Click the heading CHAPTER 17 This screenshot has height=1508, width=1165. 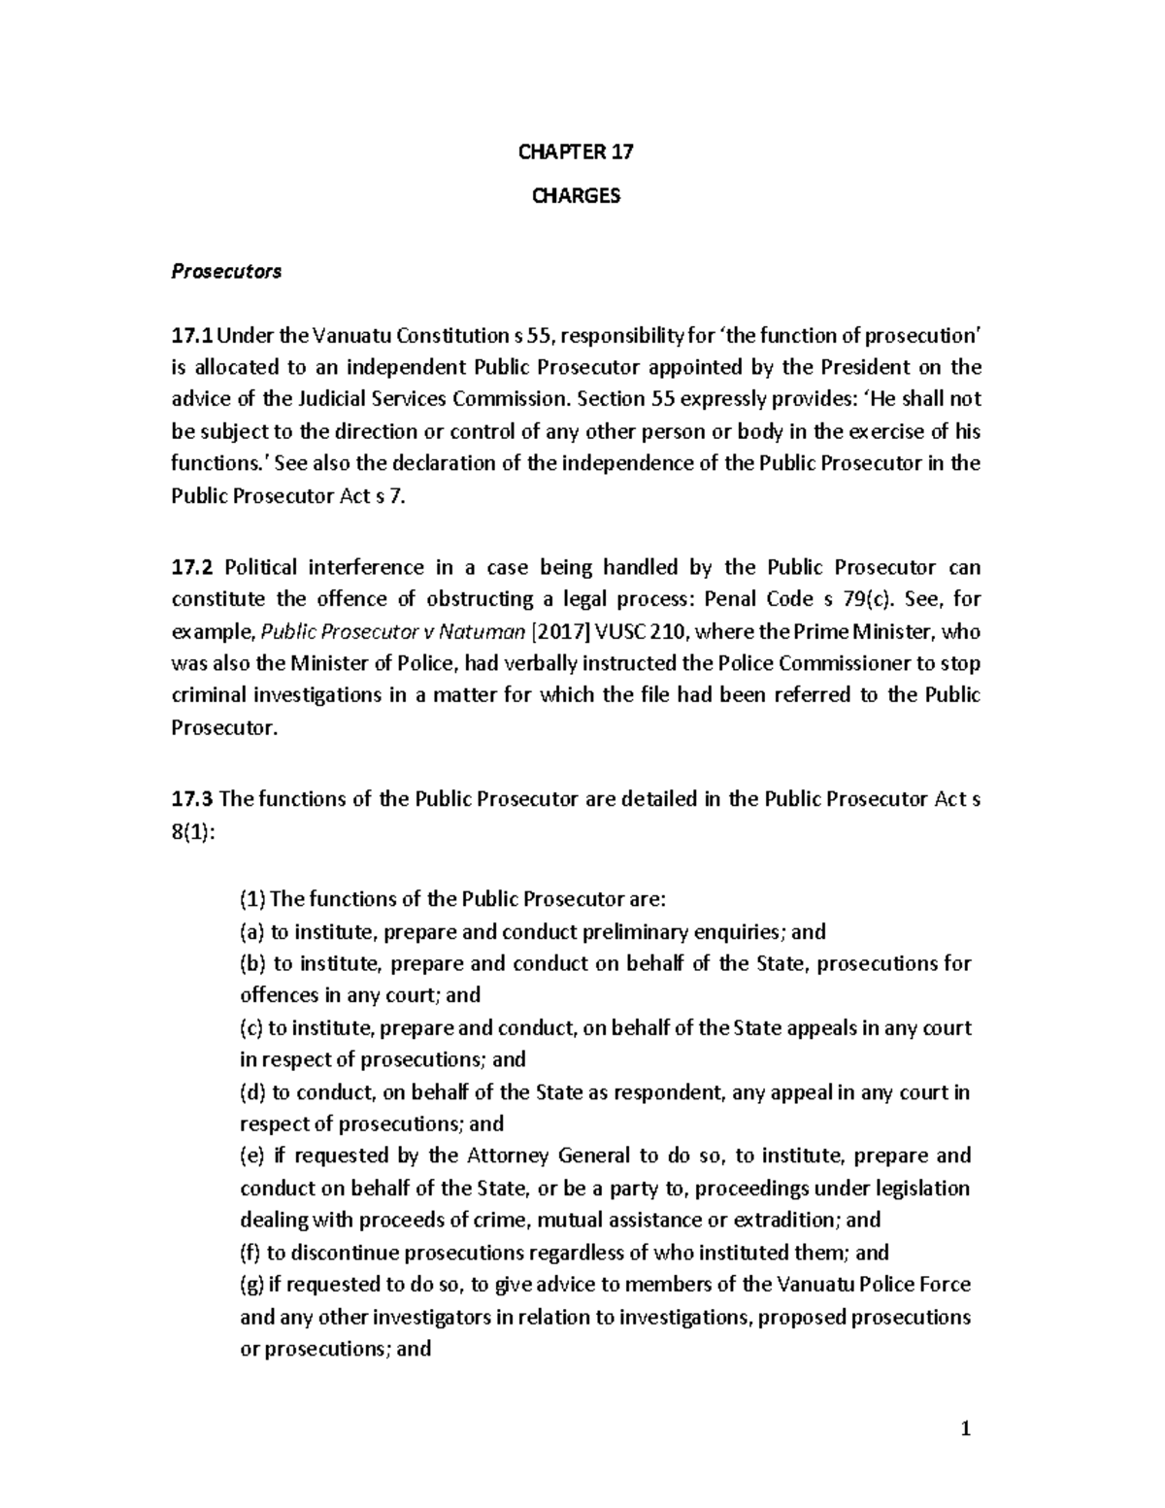tap(576, 152)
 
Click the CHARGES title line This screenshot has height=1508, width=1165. tap(576, 196)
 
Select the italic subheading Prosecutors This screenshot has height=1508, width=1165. tap(226, 272)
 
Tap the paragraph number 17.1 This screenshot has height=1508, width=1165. tap(190, 336)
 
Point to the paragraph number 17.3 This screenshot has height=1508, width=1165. tap(190, 799)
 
